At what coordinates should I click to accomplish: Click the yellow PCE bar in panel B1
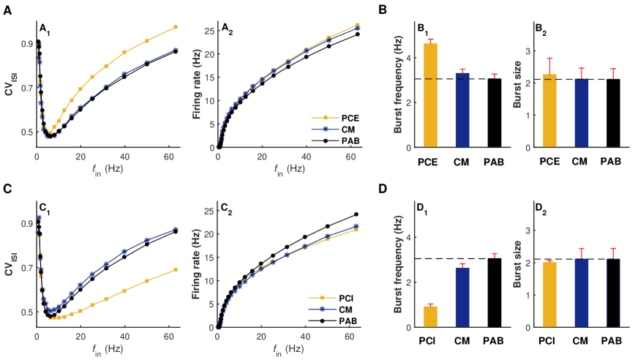431,95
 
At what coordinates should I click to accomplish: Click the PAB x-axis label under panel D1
492,340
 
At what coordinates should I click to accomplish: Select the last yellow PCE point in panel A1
176,27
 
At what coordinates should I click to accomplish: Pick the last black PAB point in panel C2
356,214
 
